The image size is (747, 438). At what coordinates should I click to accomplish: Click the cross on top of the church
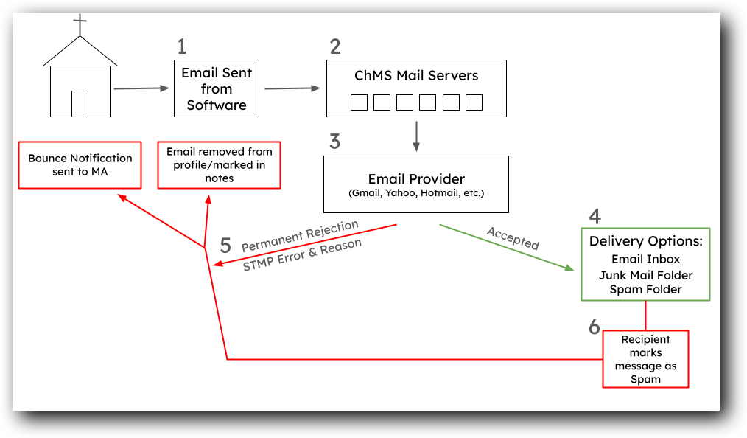[x=80, y=24]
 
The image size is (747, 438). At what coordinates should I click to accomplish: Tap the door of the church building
[x=80, y=103]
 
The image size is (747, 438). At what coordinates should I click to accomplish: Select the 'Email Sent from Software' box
[x=217, y=88]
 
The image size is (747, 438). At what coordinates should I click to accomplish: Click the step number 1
[x=182, y=47]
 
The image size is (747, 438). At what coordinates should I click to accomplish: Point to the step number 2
[x=335, y=47]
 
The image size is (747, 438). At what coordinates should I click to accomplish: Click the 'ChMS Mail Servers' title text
[x=416, y=75]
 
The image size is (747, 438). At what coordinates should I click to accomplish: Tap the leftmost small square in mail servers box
[x=359, y=102]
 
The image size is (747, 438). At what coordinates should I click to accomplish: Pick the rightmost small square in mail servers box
[x=474, y=102]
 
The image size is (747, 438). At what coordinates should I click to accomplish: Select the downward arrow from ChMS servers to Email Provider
[x=416, y=136]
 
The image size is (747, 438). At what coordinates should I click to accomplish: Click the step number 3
[x=335, y=142]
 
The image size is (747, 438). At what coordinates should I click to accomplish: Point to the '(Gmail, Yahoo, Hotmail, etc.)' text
[x=416, y=194]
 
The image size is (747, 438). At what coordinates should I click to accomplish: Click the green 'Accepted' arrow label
[x=513, y=239]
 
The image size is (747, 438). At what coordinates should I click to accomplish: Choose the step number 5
[x=225, y=246]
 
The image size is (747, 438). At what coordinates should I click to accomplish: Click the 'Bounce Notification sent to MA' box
[x=80, y=164]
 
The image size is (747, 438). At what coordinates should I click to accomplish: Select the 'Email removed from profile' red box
[x=220, y=164]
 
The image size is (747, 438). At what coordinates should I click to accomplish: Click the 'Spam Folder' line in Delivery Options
[x=645, y=290]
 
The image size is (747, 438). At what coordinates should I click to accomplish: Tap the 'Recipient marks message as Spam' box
[x=645, y=359]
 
